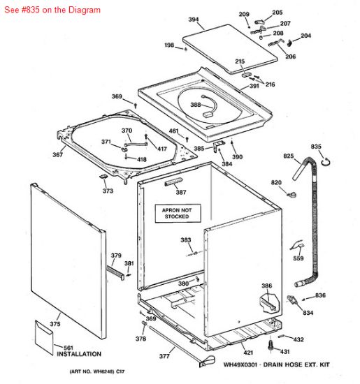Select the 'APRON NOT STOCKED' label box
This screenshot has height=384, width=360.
point(177,212)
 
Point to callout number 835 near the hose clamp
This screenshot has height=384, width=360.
point(316,146)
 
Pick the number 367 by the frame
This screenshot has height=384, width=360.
point(57,155)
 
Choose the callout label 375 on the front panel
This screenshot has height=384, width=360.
point(55,323)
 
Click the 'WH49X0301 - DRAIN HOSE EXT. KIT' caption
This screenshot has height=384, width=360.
point(276,364)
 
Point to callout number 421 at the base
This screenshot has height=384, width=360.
point(248,353)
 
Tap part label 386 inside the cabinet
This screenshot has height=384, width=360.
point(266,286)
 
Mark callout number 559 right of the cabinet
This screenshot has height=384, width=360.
point(298,258)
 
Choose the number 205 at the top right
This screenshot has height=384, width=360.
point(278,13)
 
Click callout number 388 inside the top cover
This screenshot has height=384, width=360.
point(196,105)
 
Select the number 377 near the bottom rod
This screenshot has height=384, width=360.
point(164,356)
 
